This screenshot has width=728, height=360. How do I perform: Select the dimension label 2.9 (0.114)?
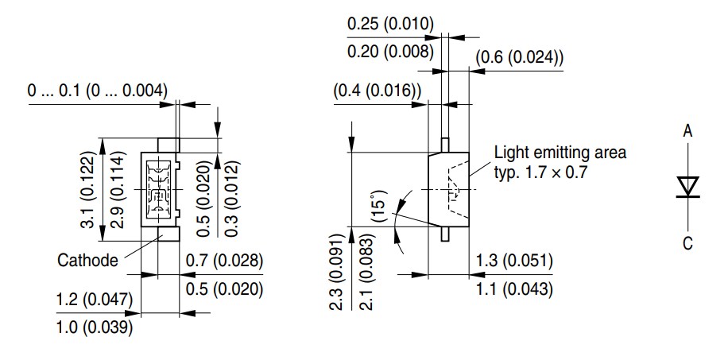click(115, 190)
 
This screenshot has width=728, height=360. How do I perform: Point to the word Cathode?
click(88, 260)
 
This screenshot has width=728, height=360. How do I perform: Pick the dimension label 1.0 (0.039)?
click(94, 327)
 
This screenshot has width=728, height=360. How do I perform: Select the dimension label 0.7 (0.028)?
click(223, 261)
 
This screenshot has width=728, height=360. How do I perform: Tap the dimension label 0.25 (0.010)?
click(390, 24)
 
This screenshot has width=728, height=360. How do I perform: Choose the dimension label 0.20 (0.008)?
click(390, 52)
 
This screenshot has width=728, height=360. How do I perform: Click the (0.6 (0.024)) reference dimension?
click(520, 57)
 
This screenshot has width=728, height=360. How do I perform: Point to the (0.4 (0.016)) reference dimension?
click(378, 92)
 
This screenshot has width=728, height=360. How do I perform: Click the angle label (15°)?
click(377, 205)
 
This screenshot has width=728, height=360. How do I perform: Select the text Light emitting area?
click(560, 152)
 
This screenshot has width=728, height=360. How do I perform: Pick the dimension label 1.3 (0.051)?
click(514, 261)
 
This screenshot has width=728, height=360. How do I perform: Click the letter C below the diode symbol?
click(687, 244)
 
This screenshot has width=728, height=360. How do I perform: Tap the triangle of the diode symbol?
click(687, 186)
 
